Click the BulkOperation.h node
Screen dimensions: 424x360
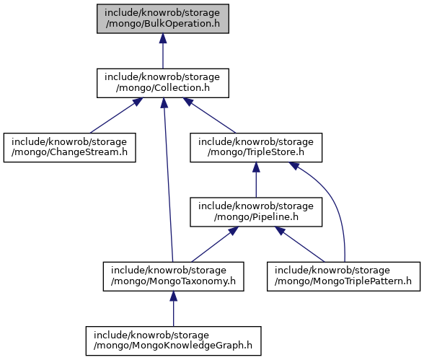tap(163, 19)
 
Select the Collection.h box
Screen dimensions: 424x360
tap(163, 83)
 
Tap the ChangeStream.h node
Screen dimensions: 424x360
tap(69, 147)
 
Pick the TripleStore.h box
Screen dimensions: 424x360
tap(256, 147)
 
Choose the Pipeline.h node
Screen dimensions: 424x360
tap(256, 212)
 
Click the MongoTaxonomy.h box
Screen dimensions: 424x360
tap(173, 276)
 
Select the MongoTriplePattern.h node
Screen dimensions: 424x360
tap(343, 276)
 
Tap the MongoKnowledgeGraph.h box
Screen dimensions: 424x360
tap(173, 341)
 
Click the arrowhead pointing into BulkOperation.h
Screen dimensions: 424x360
tap(163, 38)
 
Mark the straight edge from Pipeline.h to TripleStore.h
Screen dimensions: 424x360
tap(256, 180)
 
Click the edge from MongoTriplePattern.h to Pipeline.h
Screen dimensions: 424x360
tap(300, 245)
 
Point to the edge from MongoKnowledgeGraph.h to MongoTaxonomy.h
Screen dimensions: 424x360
tap(173, 309)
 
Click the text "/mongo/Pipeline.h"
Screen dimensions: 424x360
tap(256, 217)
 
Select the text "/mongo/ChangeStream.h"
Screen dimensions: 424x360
tap(69, 152)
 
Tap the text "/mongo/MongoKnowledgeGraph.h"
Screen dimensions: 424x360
tap(173, 346)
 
